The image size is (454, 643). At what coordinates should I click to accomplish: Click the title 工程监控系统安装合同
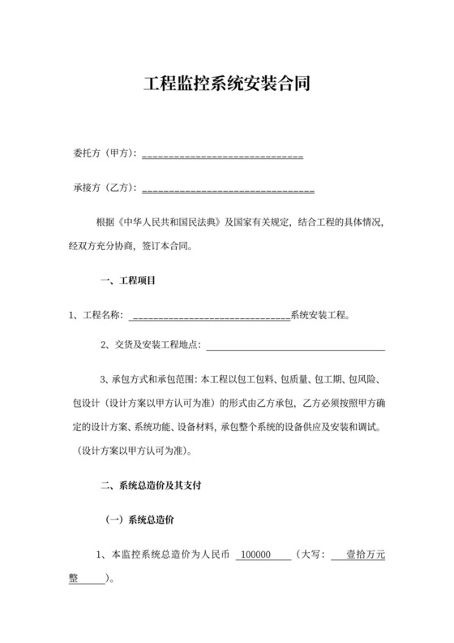226,84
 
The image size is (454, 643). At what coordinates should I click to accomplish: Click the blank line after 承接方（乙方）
228,189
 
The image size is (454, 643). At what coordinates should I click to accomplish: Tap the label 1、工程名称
96,316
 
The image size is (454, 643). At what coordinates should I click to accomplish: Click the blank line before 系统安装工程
209,317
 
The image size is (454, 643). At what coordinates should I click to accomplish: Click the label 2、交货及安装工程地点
150,346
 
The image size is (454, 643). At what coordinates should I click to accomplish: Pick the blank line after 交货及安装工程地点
295,347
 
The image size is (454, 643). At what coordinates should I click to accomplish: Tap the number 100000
260,555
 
